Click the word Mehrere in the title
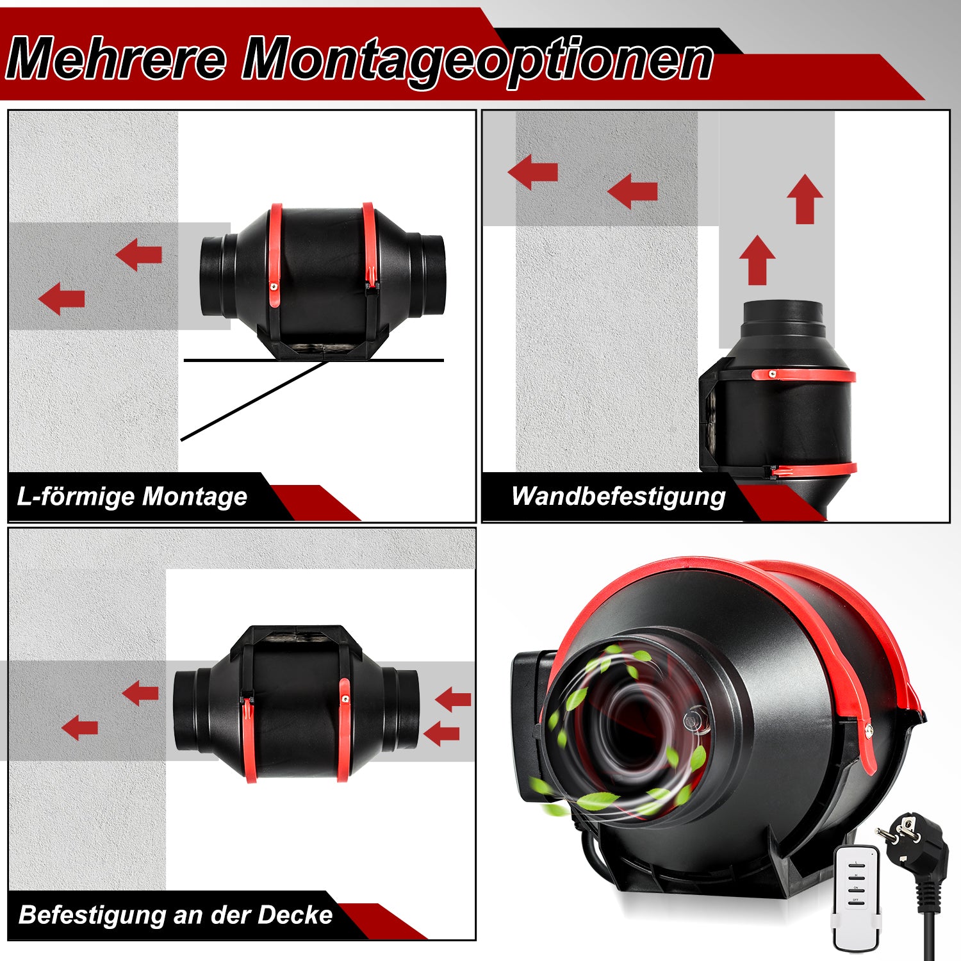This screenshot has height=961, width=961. click(117, 59)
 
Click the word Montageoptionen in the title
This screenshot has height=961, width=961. click(477, 62)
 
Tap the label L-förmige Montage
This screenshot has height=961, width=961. click(132, 497)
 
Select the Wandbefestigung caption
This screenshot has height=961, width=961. click(618, 497)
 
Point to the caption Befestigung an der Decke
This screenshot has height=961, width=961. click(176, 915)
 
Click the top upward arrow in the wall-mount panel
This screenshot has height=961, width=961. click(805, 200)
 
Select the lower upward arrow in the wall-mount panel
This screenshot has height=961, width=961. click(757, 260)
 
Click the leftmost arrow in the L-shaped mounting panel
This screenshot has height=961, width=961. click(62, 299)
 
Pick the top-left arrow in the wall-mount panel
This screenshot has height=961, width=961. click(532, 172)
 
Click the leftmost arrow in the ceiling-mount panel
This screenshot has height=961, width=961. click(79, 727)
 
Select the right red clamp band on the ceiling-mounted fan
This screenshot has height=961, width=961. click(344, 730)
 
